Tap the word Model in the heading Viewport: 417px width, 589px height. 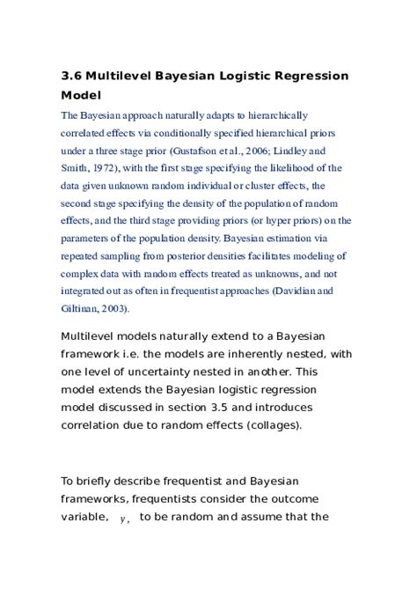point(81,94)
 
